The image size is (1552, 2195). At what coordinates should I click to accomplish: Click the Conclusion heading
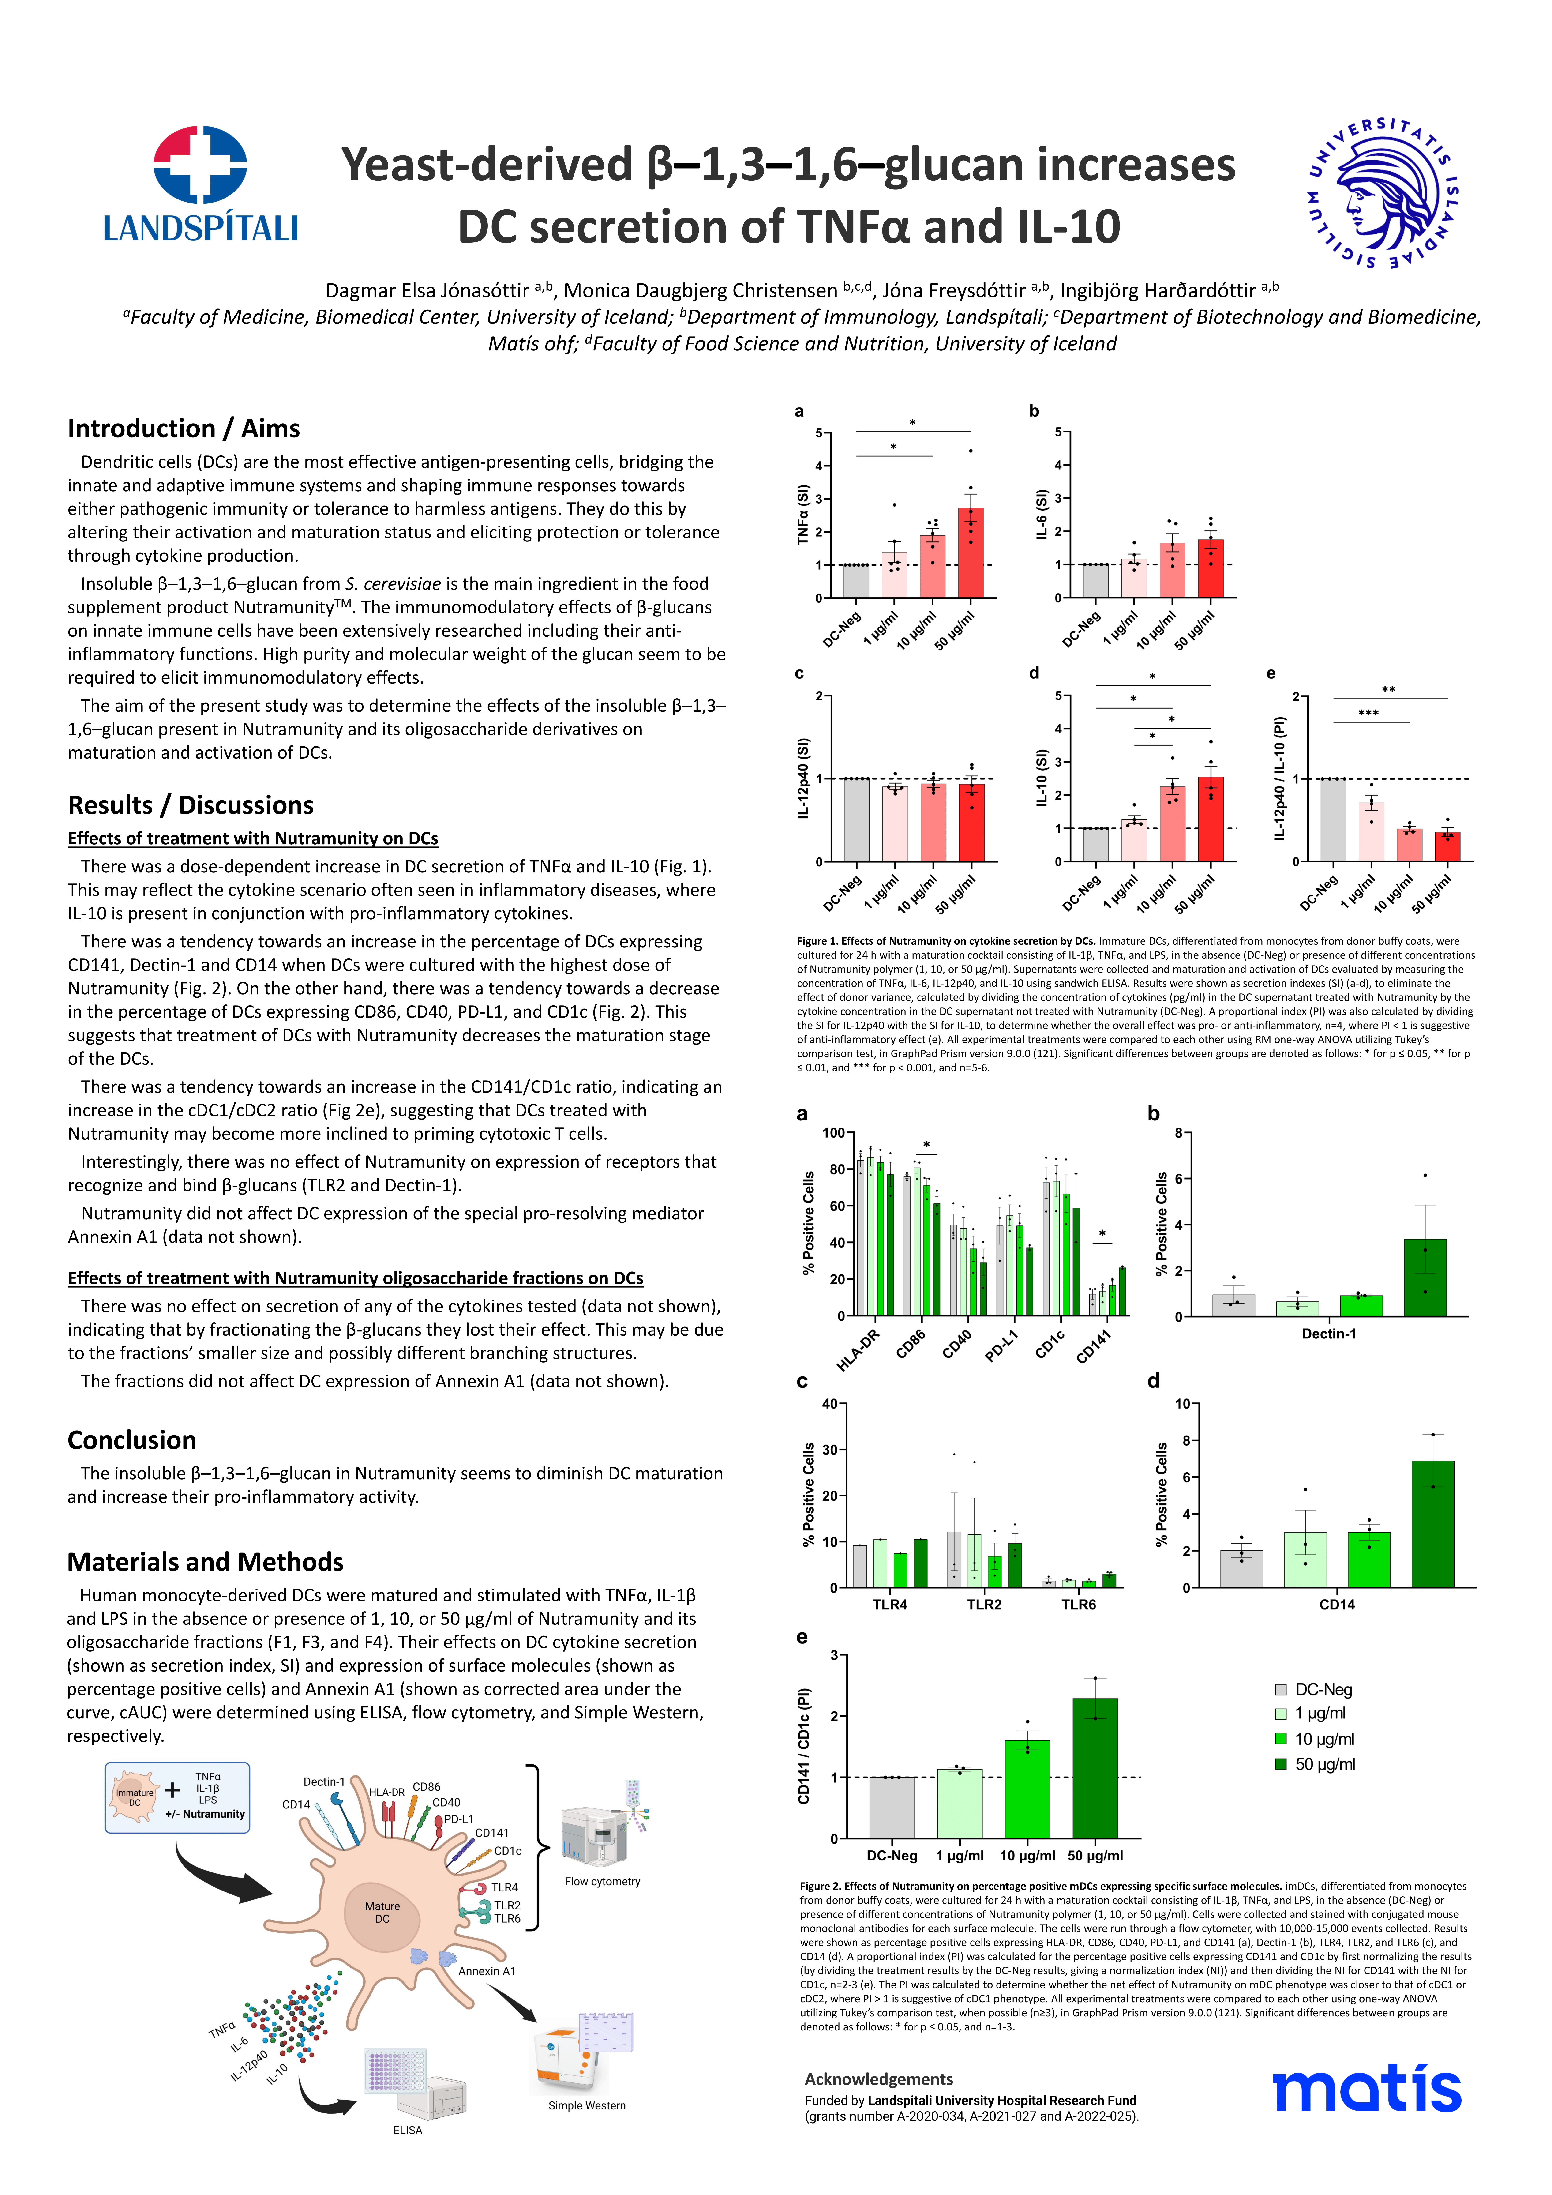pos(132,1440)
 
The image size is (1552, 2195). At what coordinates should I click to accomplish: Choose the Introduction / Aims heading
pos(184,428)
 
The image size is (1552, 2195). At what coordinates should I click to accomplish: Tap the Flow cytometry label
pos(602,1881)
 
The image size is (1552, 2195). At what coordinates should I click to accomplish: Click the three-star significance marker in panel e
pos(1368,713)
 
